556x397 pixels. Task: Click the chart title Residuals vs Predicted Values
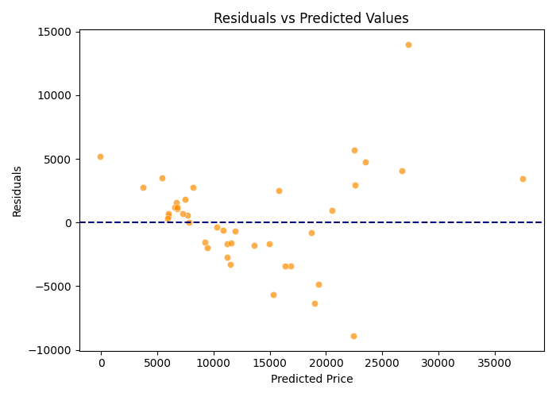pyautogui.click(x=311, y=18)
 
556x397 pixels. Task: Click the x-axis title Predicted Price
pyautogui.click(x=311, y=379)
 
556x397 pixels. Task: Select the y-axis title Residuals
pyautogui.click(x=17, y=191)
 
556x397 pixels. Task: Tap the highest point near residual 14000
pyautogui.click(x=408, y=44)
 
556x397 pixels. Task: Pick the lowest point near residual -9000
pyautogui.click(x=353, y=336)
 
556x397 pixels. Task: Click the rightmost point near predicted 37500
pyautogui.click(x=523, y=179)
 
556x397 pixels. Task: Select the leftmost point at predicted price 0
pyautogui.click(x=100, y=156)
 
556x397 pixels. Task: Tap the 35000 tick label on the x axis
pyautogui.click(x=495, y=363)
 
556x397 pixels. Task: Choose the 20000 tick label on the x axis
pyautogui.click(x=326, y=363)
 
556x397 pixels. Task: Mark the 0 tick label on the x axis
pyautogui.click(x=101, y=363)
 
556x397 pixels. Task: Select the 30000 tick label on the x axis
pyautogui.click(x=438, y=363)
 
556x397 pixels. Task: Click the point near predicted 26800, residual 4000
pyautogui.click(x=402, y=171)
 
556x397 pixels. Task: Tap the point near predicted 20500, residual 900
pyautogui.click(x=332, y=210)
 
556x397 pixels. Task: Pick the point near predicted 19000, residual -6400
pyautogui.click(x=315, y=303)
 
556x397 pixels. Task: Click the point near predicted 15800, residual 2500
pyautogui.click(x=279, y=191)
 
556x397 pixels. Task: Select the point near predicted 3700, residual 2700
pyautogui.click(x=143, y=187)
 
